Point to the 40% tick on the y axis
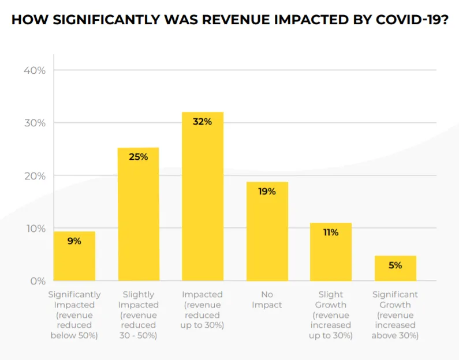(x=34, y=70)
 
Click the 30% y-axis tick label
(x=34, y=123)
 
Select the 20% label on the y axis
(x=34, y=175)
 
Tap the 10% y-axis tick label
(x=34, y=228)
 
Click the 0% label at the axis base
(x=38, y=281)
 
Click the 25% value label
(x=139, y=156)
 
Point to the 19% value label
(x=267, y=191)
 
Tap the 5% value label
(x=395, y=265)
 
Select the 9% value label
(x=74, y=241)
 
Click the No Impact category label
(x=267, y=299)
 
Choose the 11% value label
(x=331, y=232)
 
